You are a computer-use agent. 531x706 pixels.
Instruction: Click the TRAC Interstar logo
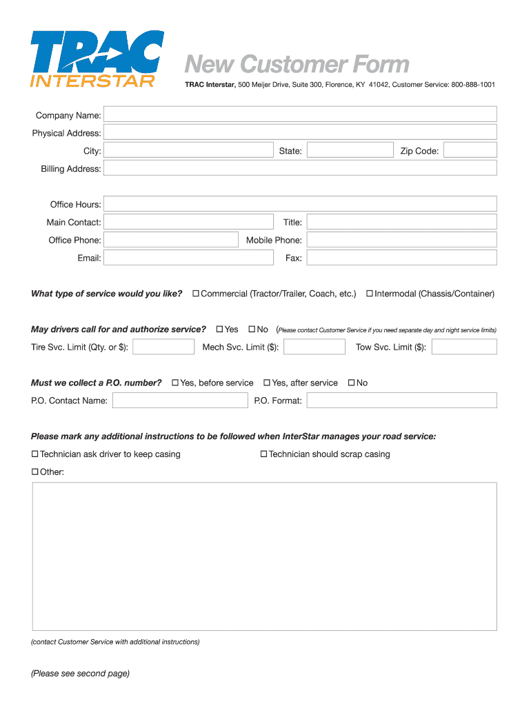tap(97, 59)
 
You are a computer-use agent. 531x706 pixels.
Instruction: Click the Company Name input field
tap(300, 114)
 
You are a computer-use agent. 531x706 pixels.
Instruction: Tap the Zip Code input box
tap(470, 150)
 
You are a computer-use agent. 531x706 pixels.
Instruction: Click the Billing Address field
tap(300, 168)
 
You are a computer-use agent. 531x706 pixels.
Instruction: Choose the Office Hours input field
tap(300, 204)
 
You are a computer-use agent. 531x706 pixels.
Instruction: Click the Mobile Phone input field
tap(401, 240)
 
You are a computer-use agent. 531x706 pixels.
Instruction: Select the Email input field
tap(188, 258)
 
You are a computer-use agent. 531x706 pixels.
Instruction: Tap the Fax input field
tap(401, 258)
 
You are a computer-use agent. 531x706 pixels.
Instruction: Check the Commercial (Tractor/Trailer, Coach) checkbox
tap(196, 294)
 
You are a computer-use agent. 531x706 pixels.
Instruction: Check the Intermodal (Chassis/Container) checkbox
tap(370, 294)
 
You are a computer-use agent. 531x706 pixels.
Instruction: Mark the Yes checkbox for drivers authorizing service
tap(220, 330)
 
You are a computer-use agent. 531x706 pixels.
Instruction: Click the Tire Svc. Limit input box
tap(163, 347)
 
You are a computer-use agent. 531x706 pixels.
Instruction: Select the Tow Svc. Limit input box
tap(463, 347)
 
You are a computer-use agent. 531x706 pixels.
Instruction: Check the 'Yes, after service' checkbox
tap(267, 383)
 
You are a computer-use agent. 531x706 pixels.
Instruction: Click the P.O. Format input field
tap(401, 401)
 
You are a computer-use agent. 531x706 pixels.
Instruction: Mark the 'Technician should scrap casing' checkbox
tap(263, 454)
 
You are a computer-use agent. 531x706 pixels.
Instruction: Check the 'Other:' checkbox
tap(35, 472)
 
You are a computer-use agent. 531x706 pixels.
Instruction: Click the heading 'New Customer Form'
tap(297, 65)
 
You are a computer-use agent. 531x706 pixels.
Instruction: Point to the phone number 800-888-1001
tap(473, 85)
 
